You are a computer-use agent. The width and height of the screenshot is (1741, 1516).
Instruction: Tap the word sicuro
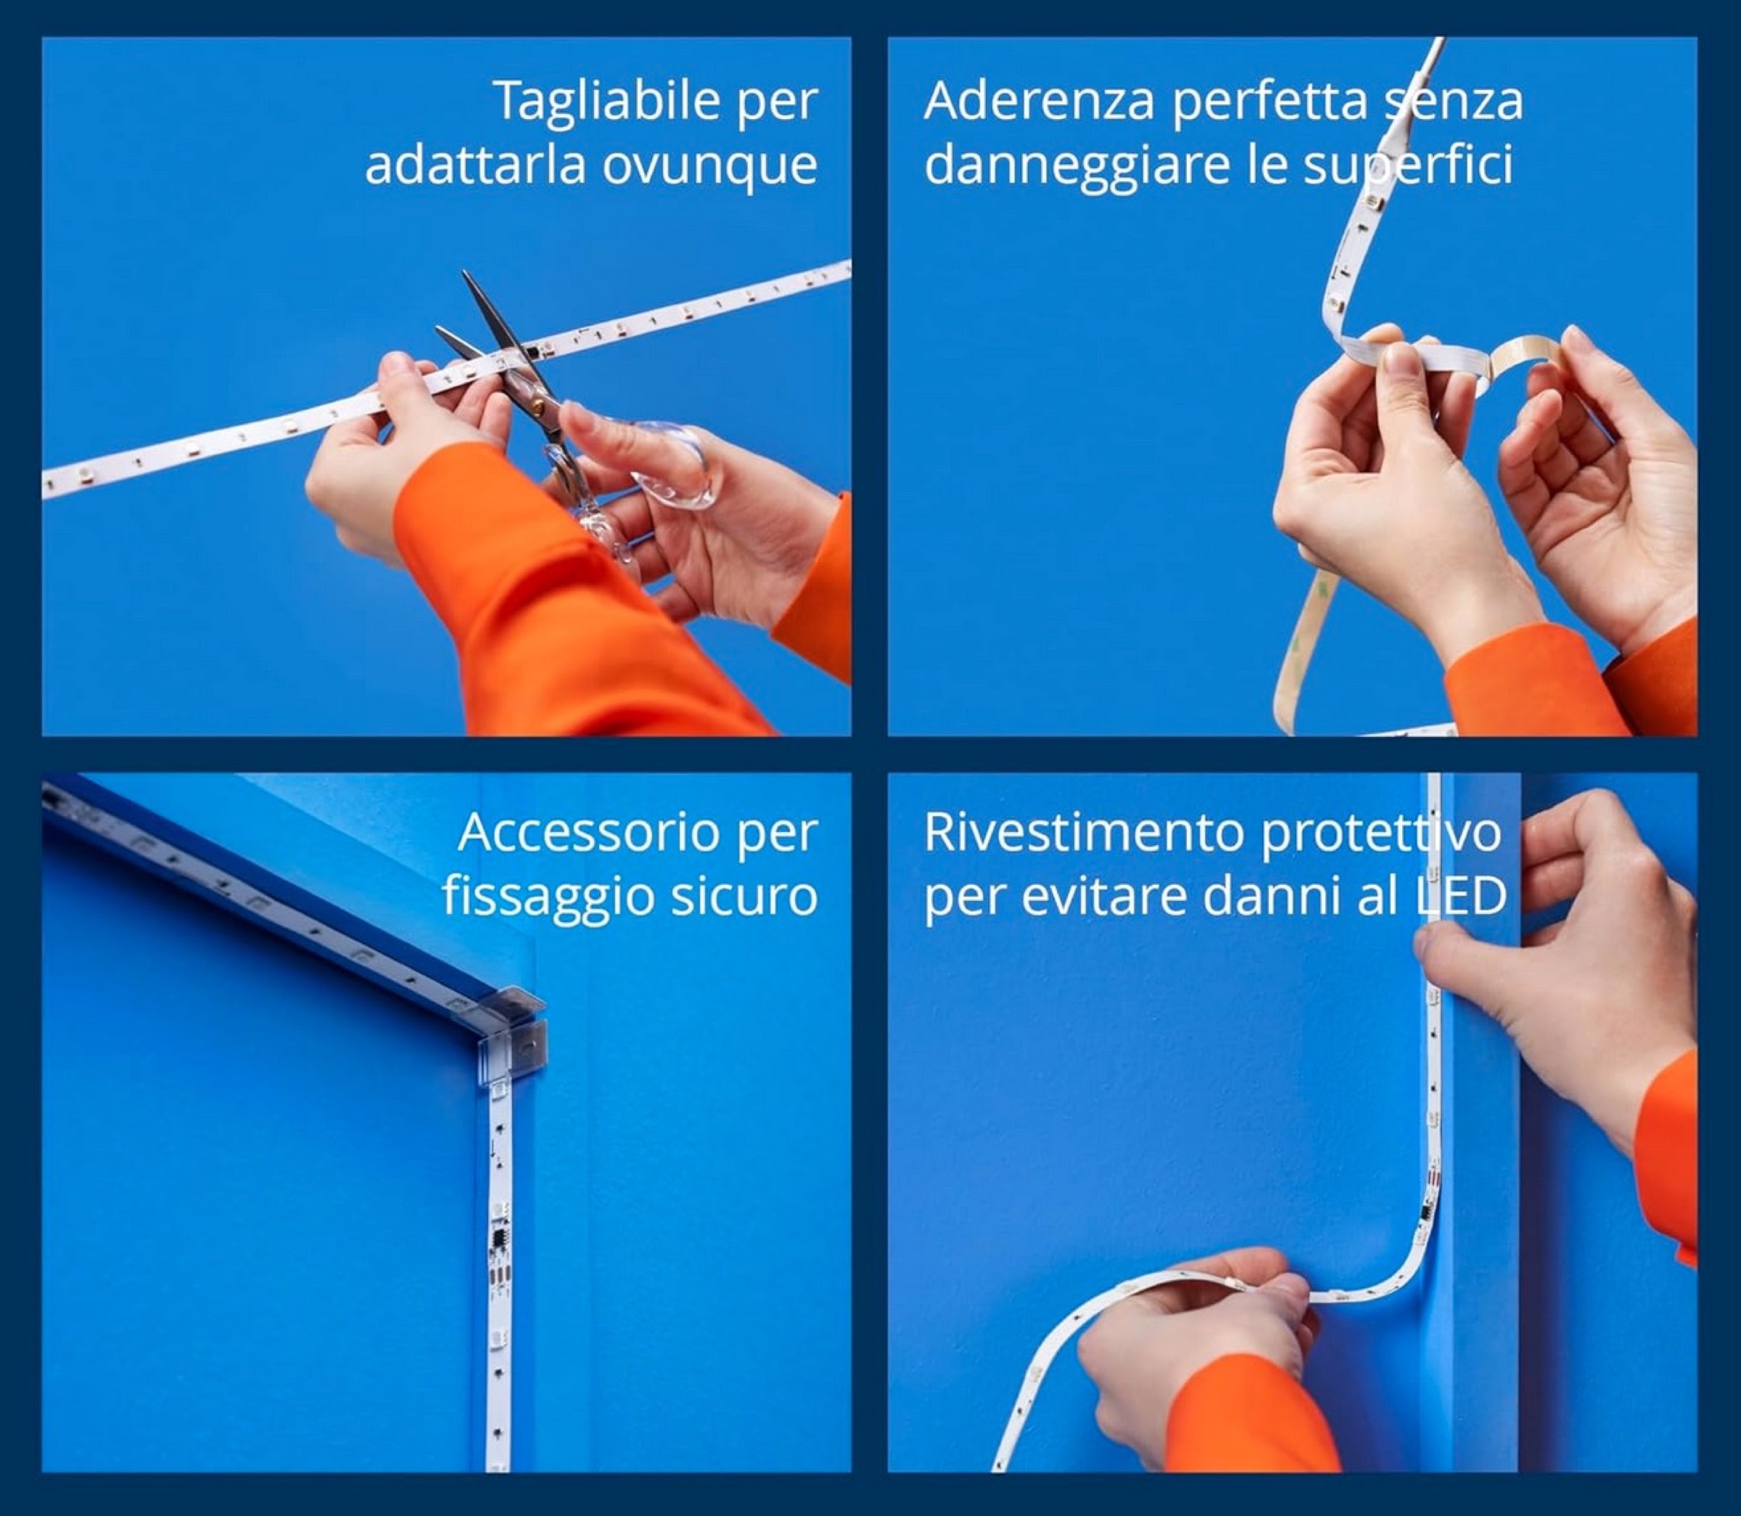pyautogui.click(x=744, y=899)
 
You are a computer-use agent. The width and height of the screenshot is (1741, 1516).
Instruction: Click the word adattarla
pyautogui.click(x=474, y=166)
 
